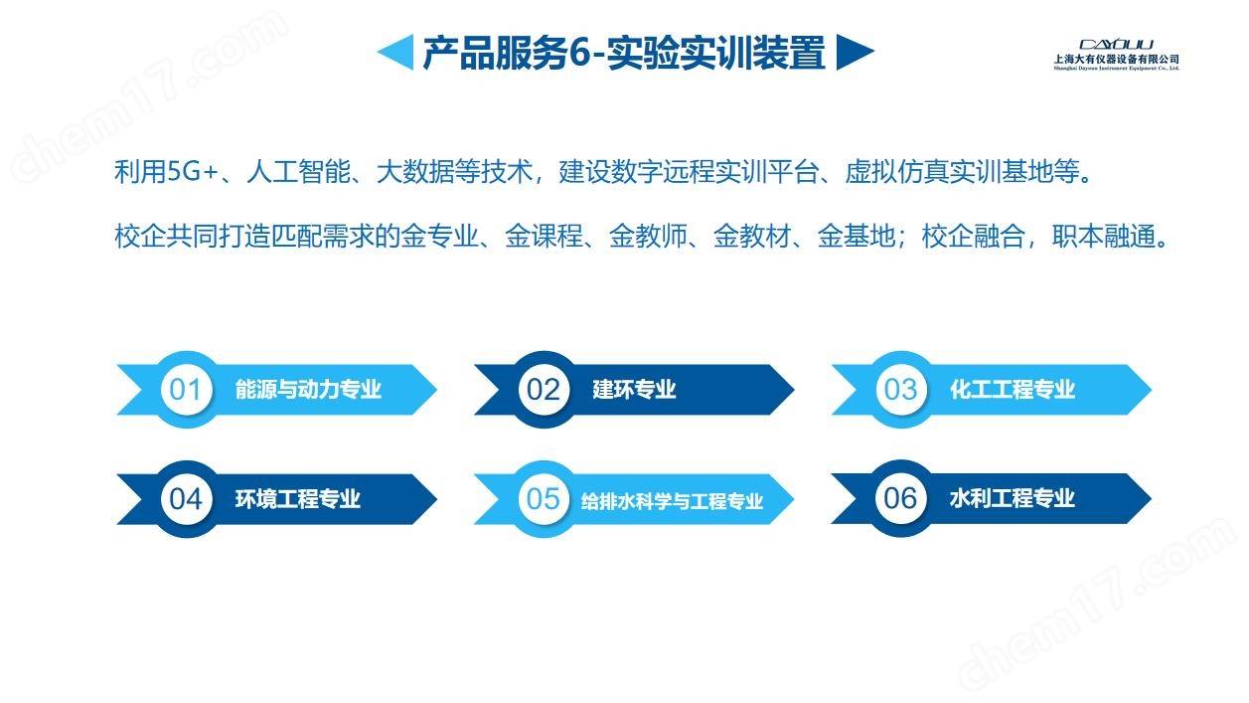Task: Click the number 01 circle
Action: [x=186, y=390]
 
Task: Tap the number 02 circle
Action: [x=544, y=390]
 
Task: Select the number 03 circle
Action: [x=901, y=390]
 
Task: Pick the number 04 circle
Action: [x=186, y=499]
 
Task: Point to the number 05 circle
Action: [x=544, y=499]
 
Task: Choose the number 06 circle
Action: [x=901, y=498]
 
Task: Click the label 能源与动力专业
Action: [x=308, y=390]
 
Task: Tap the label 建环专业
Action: [x=634, y=390]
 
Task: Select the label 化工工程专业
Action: [x=1013, y=390]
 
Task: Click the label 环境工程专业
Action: [x=298, y=499]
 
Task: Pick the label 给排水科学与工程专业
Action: [x=672, y=501]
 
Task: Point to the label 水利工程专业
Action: [x=1013, y=498]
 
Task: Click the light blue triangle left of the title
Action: [x=398, y=52]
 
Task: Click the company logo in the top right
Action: [x=1116, y=54]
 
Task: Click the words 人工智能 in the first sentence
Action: [x=298, y=171]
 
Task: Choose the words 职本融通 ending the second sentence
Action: [x=1104, y=236]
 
